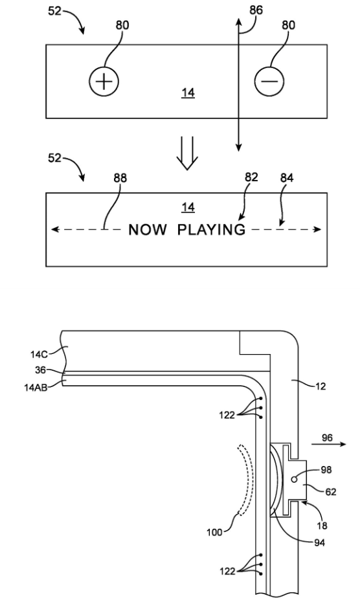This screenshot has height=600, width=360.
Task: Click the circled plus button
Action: [x=104, y=82]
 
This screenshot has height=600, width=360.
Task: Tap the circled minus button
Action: [x=269, y=82]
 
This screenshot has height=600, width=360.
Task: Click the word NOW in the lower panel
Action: [x=148, y=230]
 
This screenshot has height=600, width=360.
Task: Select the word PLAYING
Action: [x=212, y=230]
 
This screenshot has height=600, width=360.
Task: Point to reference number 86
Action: [x=256, y=10]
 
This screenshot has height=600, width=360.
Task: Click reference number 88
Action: [x=120, y=178]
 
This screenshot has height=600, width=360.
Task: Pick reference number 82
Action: [x=251, y=177]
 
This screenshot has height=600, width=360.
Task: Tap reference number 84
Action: [x=287, y=178]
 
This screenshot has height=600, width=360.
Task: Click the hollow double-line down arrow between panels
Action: [x=187, y=153]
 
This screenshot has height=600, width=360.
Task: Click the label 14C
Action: [x=39, y=354]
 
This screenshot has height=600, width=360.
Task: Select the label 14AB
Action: [x=36, y=388]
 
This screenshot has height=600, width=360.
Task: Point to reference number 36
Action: [x=40, y=370]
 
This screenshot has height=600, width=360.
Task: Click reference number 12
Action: [x=320, y=386]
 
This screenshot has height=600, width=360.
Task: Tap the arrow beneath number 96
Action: [x=328, y=444]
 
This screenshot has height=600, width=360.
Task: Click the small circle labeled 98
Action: [x=294, y=479]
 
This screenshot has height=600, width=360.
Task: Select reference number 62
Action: [x=330, y=491]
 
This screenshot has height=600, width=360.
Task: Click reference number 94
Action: [x=319, y=542]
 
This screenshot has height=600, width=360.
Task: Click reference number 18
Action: [x=322, y=526]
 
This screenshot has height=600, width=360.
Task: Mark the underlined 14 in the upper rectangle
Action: [x=188, y=93]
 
